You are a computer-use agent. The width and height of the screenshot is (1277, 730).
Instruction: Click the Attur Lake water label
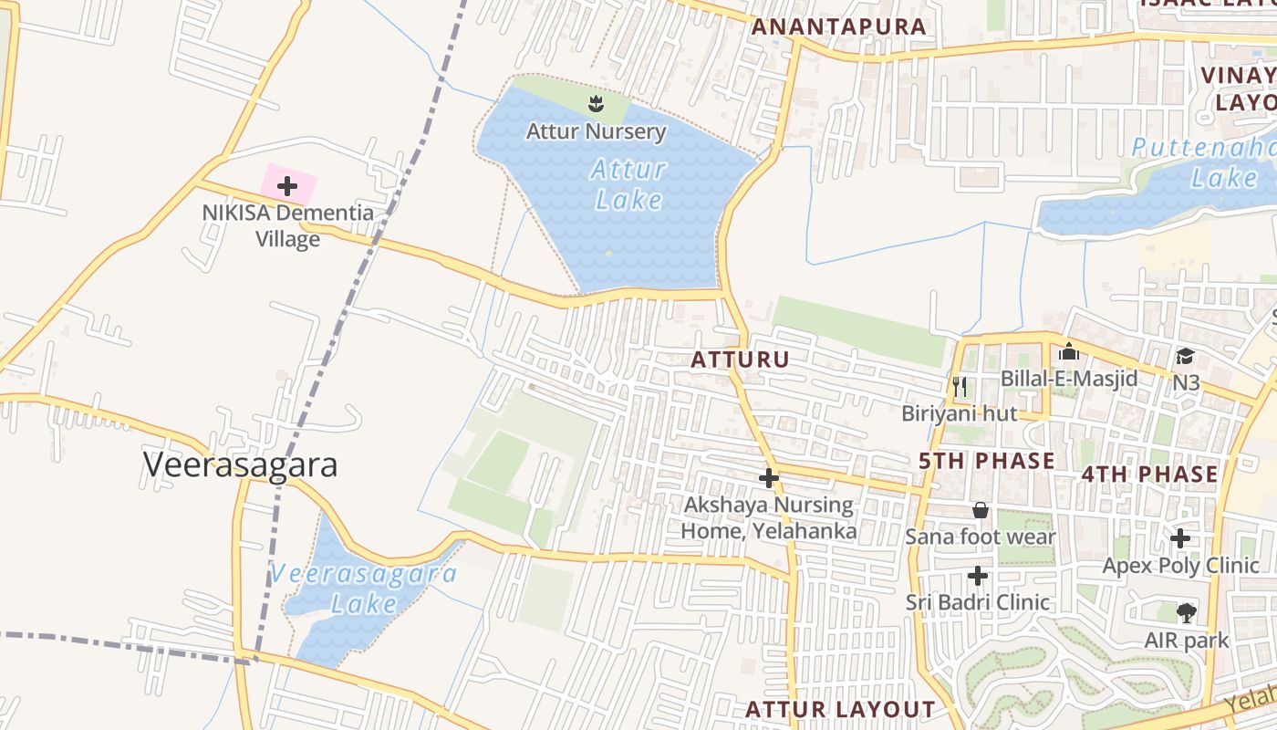click(x=628, y=184)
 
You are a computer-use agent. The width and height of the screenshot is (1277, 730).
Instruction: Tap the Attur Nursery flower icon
click(x=596, y=103)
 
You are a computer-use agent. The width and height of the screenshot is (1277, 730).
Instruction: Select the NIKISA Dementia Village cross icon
click(x=287, y=187)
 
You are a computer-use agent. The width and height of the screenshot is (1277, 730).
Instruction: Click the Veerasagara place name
click(x=241, y=464)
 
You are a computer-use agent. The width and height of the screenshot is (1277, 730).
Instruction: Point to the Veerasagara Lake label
click(x=364, y=589)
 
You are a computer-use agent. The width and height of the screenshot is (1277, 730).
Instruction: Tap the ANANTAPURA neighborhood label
click(x=838, y=26)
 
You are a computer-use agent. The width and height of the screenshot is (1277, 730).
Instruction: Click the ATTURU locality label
click(x=740, y=360)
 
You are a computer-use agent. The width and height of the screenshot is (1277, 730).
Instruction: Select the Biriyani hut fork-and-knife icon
click(x=959, y=387)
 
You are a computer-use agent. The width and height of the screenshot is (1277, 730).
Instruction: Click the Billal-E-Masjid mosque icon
click(x=1068, y=351)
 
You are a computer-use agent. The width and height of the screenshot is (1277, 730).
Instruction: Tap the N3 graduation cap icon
click(x=1185, y=356)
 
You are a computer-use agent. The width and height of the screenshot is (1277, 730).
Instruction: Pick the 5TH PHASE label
click(x=986, y=461)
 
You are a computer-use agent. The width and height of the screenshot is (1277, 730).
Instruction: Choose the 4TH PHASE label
click(x=1149, y=474)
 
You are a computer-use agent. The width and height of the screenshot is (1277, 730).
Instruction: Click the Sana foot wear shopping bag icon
click(x=981, y=509)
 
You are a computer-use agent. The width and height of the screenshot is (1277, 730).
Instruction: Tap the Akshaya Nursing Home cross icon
click(x=769, y=477)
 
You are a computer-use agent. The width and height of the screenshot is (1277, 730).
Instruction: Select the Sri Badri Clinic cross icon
click(x=978, y=576)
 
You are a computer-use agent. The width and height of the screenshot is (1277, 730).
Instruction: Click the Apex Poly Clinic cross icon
click(x=1180, y=538)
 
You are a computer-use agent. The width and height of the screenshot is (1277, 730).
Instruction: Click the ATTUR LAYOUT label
click(x=840, y=709)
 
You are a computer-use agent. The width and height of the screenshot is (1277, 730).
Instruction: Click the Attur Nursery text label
click(x=596, y=131)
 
